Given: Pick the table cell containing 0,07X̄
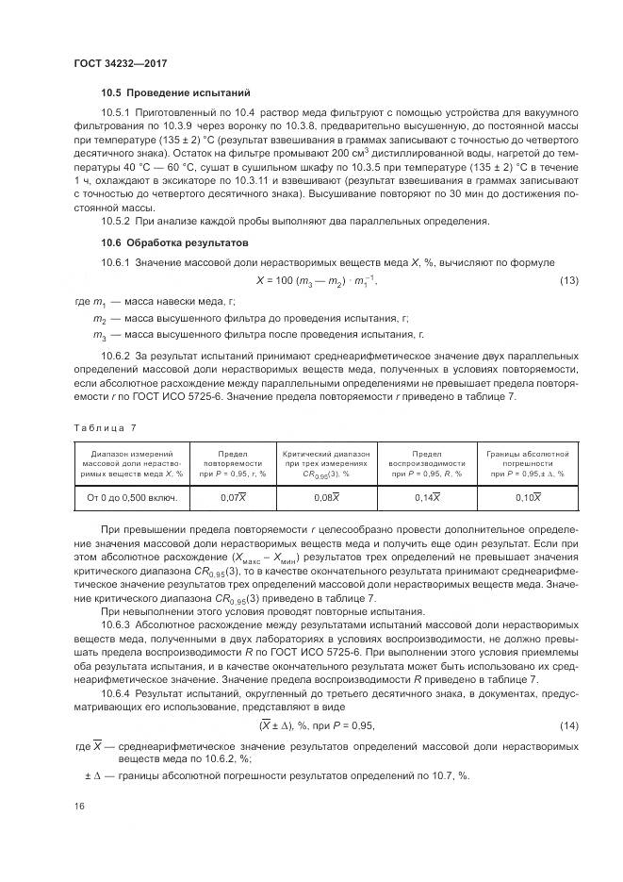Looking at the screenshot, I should click(x=233, y=496).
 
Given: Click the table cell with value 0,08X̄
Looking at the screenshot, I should click(x=324, y=496).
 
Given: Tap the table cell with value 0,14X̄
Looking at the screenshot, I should click(x=425, y=496).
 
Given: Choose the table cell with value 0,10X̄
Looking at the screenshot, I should click(x=527, y=496).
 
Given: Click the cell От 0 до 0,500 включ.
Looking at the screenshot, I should click(x=132, y=496).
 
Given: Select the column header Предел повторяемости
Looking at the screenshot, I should click(x=233, y=463).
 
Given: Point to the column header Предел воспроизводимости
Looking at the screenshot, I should click(x=425, y=463).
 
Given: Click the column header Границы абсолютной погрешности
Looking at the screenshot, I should click(x=527, y=463).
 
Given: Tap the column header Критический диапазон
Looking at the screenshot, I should click(x=324, y=463).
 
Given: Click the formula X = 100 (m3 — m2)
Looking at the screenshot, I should click(x=321, y=280).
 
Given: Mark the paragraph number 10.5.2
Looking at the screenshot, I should click(x=119, y=221).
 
